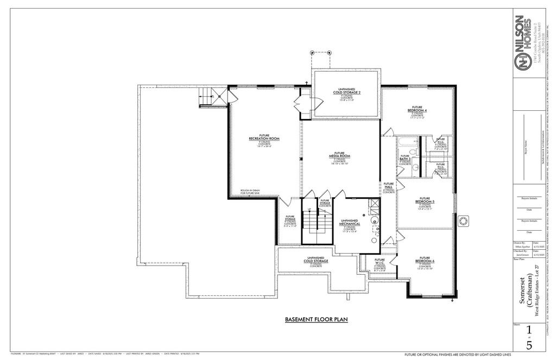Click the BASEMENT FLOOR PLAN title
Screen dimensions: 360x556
(x=316, y=320)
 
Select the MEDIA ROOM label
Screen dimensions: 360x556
(x=339, y=155)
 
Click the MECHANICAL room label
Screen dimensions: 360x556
(x=350, y=223)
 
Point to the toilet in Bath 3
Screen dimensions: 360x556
(x=413, y=152)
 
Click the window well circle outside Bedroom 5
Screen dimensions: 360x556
(x=463, y=221)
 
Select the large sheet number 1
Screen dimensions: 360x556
(x=529, y=331)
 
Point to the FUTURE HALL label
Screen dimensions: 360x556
(x=389, y=187)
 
